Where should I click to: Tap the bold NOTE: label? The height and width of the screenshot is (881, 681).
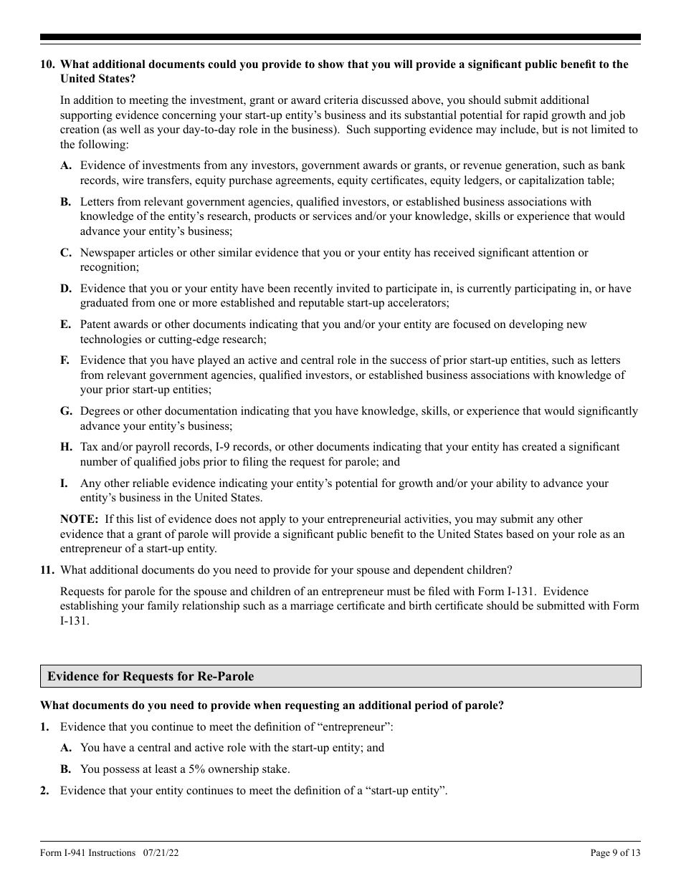pos(80,519)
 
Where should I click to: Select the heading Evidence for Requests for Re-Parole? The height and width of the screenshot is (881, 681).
pos(151,676)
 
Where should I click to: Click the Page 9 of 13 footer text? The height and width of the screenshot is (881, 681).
pos(615,852)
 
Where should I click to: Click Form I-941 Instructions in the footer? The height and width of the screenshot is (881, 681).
pos(87,852)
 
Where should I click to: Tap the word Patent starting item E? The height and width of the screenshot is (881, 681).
pos(95,324)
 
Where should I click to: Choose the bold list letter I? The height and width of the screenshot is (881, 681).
pos(63,483)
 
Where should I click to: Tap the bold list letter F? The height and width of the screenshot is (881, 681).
pos(65,360)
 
